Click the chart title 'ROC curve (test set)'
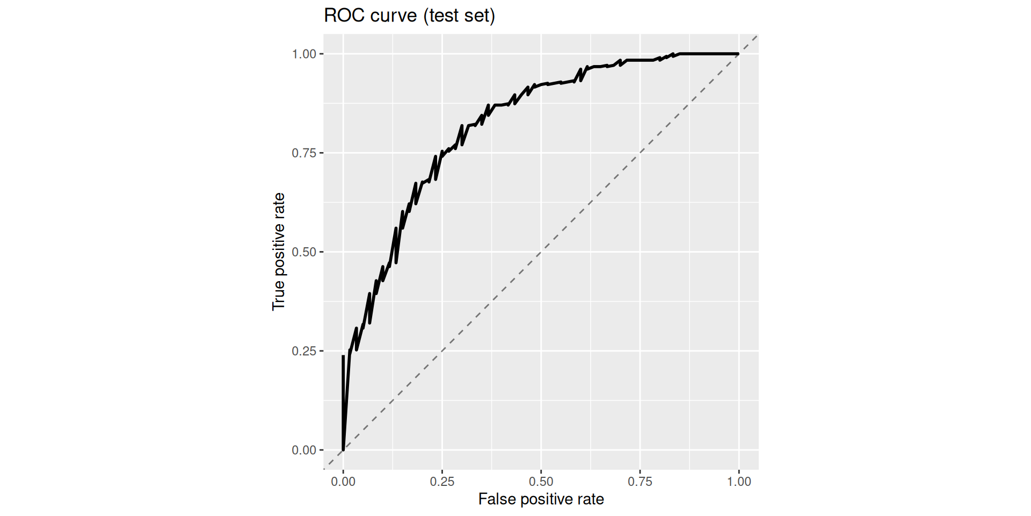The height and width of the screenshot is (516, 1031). click(x=409, y=16)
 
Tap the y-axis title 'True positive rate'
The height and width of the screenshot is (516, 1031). click(x=278, y=252)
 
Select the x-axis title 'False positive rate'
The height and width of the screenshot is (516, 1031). click(x=541, y=499)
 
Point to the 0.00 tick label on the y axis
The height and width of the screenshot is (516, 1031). click(x=304, y=450)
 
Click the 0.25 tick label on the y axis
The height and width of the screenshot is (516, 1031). click(x=304, y=351)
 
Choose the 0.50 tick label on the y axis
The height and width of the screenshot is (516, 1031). click(x=304, y=252)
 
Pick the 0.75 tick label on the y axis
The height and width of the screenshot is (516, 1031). click(x=304, y=153)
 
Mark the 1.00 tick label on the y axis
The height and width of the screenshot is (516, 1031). click(x=304, y=54)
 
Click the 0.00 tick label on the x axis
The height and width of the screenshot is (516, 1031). click(x=343, y=482)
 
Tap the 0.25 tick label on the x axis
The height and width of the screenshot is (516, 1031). click(x=442, y=482)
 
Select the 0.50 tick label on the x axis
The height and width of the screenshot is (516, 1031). click(x=541, y=482)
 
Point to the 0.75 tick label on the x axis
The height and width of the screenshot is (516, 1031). click(x=640, y=482)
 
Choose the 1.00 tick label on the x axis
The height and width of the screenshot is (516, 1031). click(x=739, y=482)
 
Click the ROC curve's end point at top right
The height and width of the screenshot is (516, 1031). click(x=738, y=54)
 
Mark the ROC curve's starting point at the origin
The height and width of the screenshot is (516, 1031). click(x=343, y=449)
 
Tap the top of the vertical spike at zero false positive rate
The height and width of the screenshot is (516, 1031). click(x=343, y=356)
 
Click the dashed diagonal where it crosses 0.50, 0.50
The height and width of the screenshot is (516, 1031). click(x=541, y=252)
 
